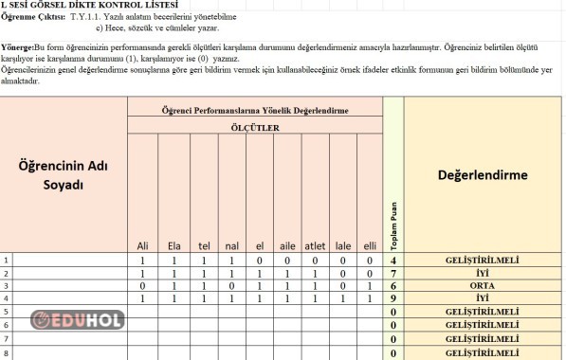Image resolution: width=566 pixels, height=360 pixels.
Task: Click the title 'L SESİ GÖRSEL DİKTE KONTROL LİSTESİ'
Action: click(x=83, y=6)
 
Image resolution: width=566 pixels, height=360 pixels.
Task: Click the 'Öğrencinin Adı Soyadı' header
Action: click(x=65, y=174)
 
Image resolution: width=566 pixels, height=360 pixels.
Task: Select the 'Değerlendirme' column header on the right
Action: click(x=483, y=174)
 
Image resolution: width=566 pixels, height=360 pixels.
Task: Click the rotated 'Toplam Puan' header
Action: click(x=394, y=228)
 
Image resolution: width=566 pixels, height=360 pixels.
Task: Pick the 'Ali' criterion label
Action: click(x=143, y=246)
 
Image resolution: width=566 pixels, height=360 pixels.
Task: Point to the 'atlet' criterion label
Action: click(x=315, y=246)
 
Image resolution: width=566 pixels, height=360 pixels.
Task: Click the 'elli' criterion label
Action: click(x=370, y=246)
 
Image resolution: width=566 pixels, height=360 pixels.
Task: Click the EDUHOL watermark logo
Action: click(x=78, y=320)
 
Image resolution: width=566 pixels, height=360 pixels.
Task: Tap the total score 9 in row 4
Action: click(x=393, y=297)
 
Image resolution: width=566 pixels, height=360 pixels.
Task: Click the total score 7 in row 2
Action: click(x=393, y=272)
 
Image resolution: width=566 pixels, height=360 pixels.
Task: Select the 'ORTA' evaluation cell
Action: click(x=483, y=285)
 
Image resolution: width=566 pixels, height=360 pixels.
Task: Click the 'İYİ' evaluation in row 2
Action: click(x=483, y=272)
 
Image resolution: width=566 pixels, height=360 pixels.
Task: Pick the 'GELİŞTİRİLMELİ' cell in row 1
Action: click(x=483, y=259)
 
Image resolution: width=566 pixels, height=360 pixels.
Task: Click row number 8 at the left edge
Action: click(x=7, y=352)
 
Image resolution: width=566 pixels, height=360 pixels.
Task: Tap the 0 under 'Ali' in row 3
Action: click(x=143, y=285)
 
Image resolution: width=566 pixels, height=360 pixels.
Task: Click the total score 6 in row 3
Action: click(x=393, y=285)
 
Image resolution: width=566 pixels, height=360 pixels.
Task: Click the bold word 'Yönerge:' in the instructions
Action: click(x=17, y=45)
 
